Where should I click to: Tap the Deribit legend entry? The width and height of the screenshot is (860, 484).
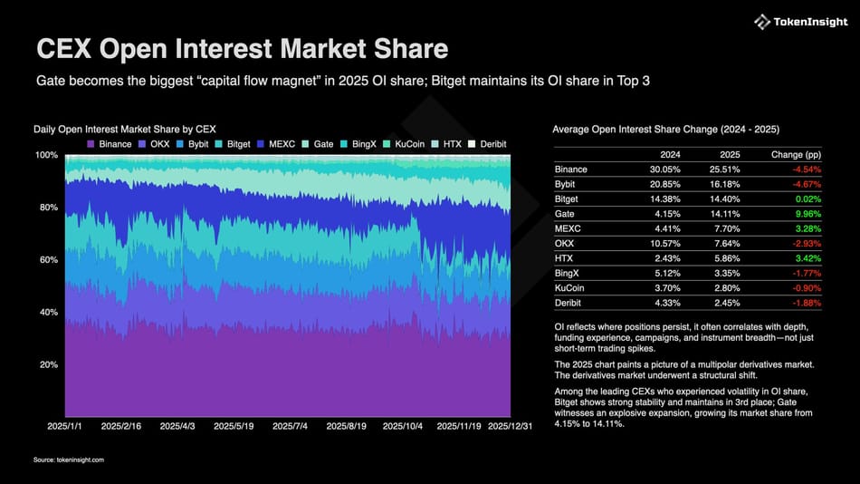tap(489, 144)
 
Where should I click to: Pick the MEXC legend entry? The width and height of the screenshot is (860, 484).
tap(277, 144)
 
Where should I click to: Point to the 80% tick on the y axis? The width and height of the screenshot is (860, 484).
tap(47, 208)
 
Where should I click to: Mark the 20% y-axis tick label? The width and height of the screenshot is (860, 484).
tap(47, 364)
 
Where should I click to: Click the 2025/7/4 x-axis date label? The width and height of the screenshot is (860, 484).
tap(289, 424)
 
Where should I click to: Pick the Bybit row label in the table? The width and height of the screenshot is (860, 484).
tap(566, 184)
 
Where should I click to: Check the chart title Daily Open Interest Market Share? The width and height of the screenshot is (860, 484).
tap(124, 129)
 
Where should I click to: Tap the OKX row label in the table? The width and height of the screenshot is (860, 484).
tap(564, 242)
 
